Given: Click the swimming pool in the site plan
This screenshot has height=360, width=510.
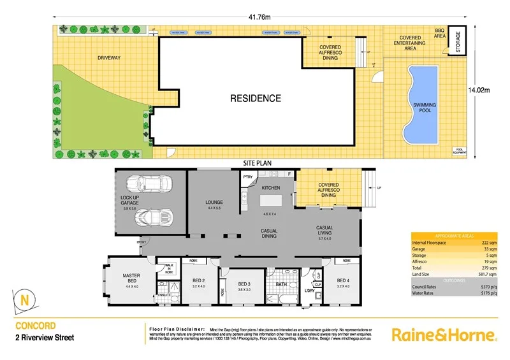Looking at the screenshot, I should (x=421, y=105).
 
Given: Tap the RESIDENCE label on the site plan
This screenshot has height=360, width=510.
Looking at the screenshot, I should (x=255, y=98).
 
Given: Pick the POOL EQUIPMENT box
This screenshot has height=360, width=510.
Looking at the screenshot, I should (x=460, y=152).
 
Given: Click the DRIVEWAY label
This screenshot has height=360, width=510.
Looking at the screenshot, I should (x=109, y=58).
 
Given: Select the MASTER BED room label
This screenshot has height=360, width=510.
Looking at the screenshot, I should (x=131, y=278).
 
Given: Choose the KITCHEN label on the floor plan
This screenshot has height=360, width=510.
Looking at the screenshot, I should (x=271, y=189).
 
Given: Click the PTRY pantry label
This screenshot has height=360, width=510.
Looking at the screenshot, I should (x=248, y=177).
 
